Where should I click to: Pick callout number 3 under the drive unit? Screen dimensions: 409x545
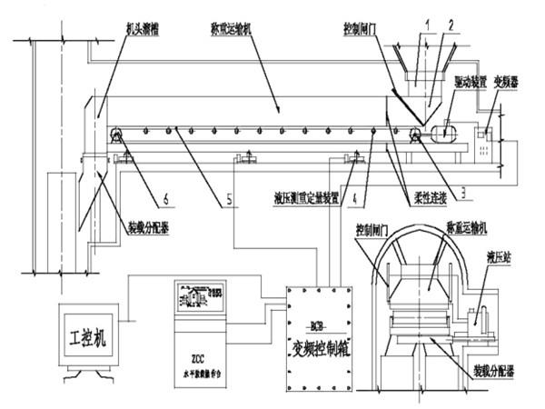(463, 190)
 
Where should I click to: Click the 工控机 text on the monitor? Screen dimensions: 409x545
(87, 339)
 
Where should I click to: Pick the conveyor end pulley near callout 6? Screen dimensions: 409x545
(117, 137)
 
